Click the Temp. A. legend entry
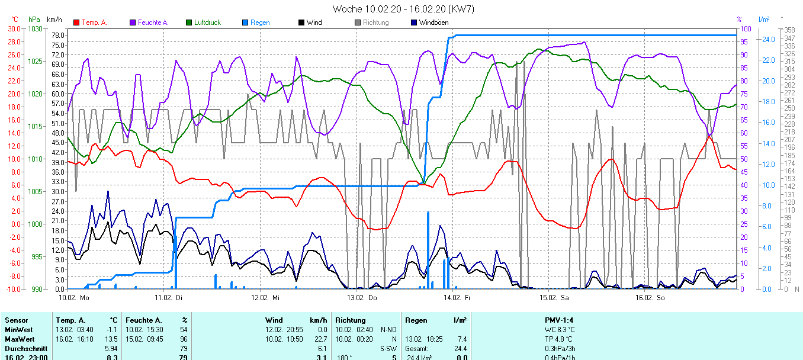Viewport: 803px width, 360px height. pos(94,22)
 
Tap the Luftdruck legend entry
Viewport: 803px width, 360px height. pos(207,22)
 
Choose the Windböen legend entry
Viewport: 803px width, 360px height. pos(433,22)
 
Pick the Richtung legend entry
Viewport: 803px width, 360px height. pos(375,22)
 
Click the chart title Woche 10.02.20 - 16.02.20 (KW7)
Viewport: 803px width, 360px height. pos(403,9)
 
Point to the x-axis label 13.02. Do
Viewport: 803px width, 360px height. pos(361,297)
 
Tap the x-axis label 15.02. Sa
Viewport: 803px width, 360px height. pos(553,297)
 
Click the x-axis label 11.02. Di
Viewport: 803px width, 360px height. pos(169,297)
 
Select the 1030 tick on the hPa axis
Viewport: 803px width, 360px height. pos(36,28)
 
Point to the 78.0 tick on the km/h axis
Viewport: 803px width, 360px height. pos(58,35)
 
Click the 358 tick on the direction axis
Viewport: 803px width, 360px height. pos(789,30)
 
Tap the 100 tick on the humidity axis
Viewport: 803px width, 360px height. pos(746,28)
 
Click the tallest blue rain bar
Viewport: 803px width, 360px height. pos(428,249)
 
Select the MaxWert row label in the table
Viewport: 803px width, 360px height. pos(17,339)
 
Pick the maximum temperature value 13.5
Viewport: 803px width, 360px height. pos(111,339)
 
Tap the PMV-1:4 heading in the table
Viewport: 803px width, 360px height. pos(560,320)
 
